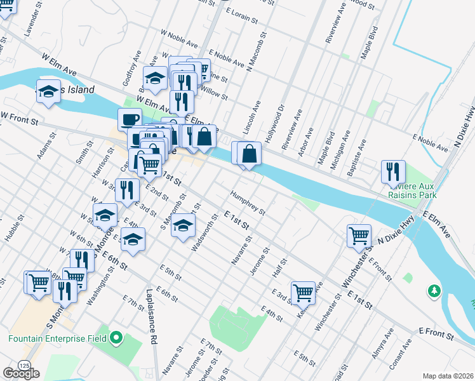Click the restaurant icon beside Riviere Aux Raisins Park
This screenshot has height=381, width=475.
pos(393,171)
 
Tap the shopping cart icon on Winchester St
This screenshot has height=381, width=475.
pos(359,236)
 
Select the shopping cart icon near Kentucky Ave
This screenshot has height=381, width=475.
pos(304,292)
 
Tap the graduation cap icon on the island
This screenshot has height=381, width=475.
pos(48,92)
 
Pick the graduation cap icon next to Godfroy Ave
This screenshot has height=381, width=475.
pos(154,78)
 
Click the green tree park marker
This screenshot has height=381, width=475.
pos(434,290)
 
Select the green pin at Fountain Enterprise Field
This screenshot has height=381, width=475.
pos(116,337)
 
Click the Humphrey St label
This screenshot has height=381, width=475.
pos(248,203)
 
